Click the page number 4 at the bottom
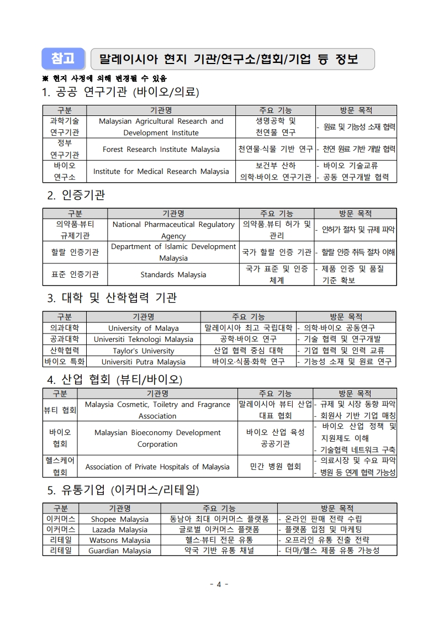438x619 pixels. pos(219,584)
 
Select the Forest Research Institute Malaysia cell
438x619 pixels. pos(161,149)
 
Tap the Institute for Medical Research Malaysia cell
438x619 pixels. pos(161,171)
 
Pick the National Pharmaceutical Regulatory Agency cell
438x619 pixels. pos(173,230)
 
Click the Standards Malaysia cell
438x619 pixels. pos(173,274)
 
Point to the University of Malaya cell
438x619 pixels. pos(143,328)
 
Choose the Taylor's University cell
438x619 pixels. pos(143,351)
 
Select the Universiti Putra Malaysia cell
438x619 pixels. pos(143,362)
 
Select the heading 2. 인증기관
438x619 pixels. pos(76,195)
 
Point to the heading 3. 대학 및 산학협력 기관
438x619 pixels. pos(112,298)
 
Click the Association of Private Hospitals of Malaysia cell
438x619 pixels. pos(157,467)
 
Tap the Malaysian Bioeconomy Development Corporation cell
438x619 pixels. pos(157,438)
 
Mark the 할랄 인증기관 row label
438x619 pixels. pos(75,252)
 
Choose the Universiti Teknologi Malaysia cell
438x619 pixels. pos(143,339)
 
